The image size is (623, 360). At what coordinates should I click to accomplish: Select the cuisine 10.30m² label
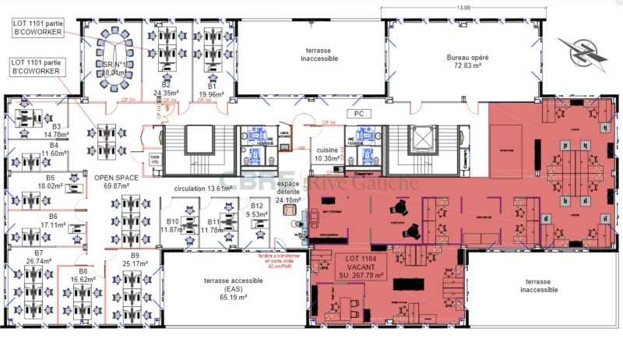[326, 154]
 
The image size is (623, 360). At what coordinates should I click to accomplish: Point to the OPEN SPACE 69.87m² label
[116, 182]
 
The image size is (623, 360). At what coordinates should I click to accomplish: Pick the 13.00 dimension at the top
[463, 7]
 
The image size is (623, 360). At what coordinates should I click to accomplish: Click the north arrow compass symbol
[583, 51]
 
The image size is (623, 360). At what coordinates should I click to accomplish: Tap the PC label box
[359, 113]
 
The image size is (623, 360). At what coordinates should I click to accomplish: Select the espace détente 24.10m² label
[288, 189]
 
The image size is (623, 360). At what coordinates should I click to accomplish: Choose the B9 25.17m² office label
[134, 259]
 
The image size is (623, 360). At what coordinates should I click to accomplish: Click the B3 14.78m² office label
[55, 130]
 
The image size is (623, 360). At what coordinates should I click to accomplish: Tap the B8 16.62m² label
[82, 275]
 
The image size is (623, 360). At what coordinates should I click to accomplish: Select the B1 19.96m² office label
[210, 90]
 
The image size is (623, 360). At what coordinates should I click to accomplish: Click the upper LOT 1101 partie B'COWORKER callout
[41, 28]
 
